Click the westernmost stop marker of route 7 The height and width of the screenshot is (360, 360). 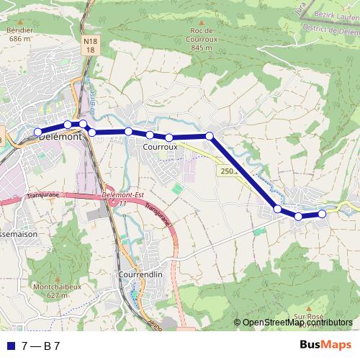[38, 132]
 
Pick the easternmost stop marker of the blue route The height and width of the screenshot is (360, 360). [322, 213]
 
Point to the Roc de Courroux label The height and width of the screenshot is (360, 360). [202, 39]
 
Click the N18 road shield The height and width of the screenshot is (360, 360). [89, 46]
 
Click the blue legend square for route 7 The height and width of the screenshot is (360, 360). [11, 346]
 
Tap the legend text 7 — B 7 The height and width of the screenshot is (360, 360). [41, 346]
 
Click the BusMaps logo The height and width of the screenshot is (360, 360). [325, 345]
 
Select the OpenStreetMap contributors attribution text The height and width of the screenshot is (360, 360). [297, 322]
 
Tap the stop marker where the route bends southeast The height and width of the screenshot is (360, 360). [210, 135]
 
